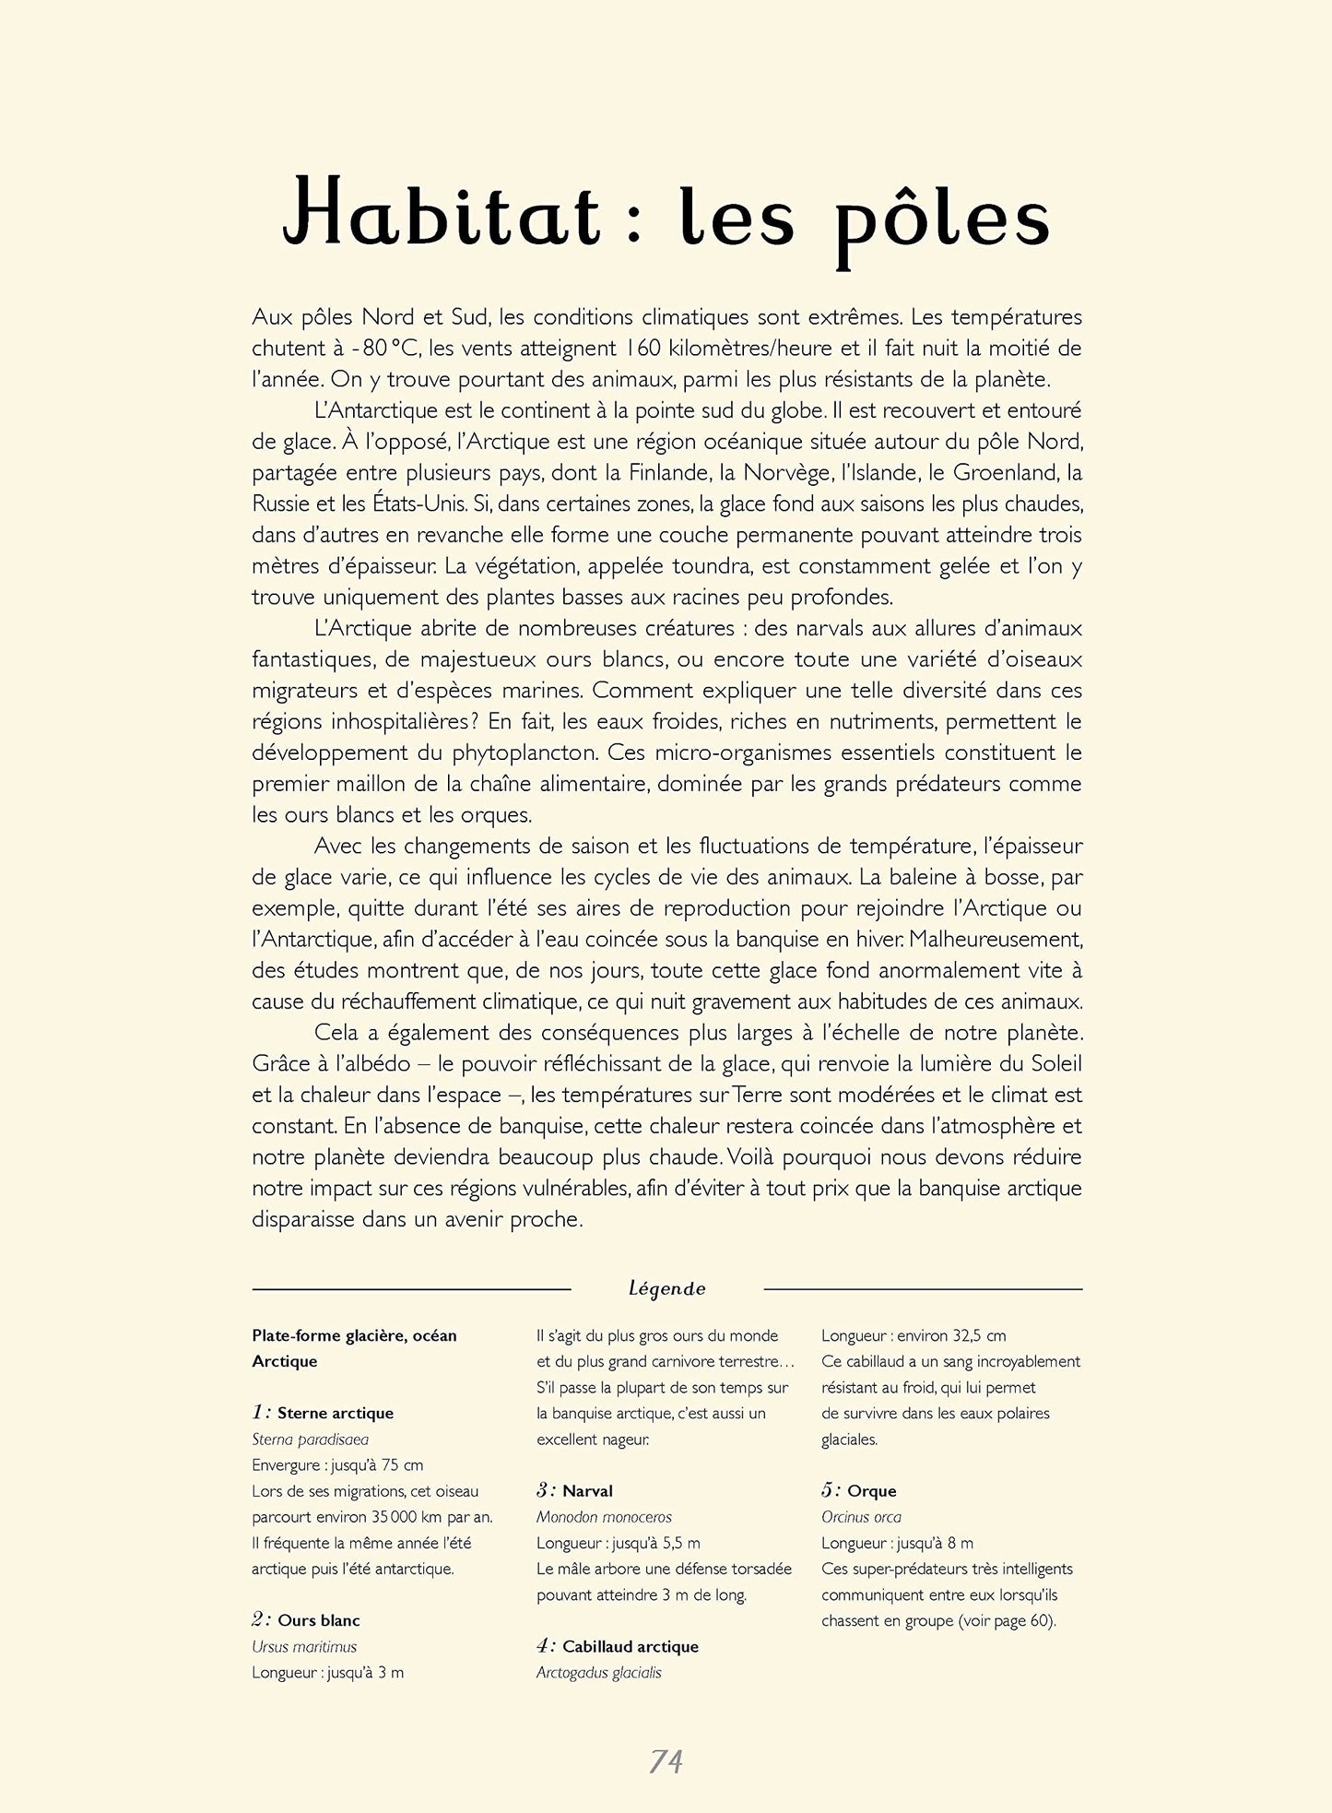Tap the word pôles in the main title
(x=942, y=221)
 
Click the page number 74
(x=666, y=1761)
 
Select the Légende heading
(x=666, y=1288)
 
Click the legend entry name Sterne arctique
(x=335, y=1413)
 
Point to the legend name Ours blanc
(x=318, y=1620)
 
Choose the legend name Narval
(x=587, y=1490)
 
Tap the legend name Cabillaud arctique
(x=631, y=1646)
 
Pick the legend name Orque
(x=871, y=1490)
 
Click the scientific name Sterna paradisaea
(x=310, y=1439)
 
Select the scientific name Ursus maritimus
(x=304, y=1646)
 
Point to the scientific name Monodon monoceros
(x=604, y=1516)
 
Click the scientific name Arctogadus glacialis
(x=599, y=1672)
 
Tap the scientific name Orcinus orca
(x=861, y=1516)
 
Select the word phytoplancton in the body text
(x=524, y=752)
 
